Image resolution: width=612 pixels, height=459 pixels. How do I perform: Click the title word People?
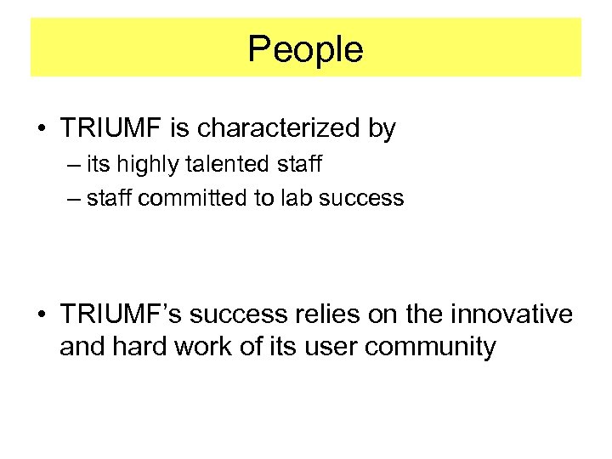point(306,49)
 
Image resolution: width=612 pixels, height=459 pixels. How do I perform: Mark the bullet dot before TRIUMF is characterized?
point(40,130)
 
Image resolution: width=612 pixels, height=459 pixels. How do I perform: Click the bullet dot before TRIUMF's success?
point(40,315)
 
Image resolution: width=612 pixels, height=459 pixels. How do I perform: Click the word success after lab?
point(361,199)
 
